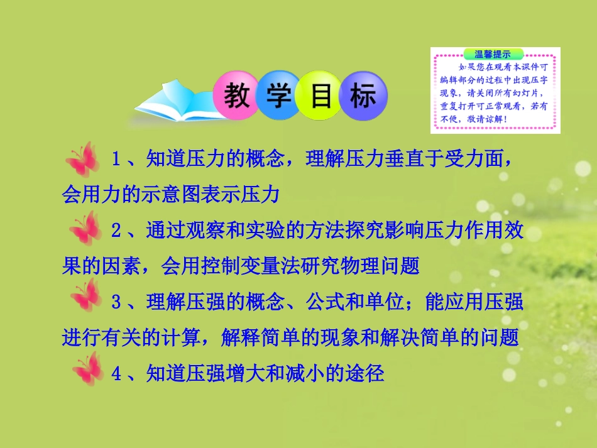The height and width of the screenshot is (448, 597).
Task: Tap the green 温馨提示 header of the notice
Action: point(486,53)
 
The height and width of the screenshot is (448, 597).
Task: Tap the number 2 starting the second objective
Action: point(116,230)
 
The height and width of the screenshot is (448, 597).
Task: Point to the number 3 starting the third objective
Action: point(116,302)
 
